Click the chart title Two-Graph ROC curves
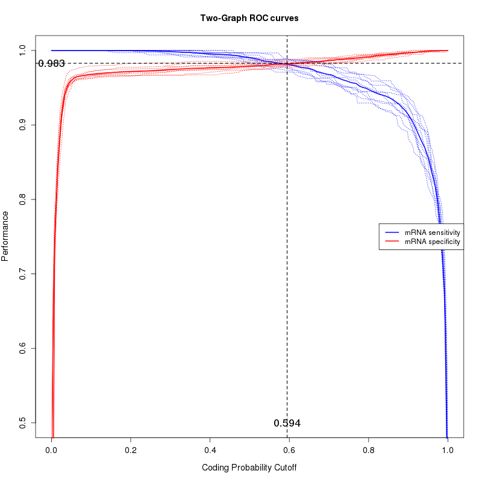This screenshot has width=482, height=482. [249, 18]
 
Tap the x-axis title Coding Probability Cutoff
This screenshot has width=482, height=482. [249, 468]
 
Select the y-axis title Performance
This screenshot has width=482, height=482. [5, 236]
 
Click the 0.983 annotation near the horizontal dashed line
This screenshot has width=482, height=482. [51, 63]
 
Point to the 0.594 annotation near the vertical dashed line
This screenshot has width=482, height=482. [287, 423]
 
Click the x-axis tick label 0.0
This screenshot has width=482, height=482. [51, 449]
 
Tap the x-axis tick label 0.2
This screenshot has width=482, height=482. [131, 449]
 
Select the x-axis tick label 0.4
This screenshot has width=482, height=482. [210, 449]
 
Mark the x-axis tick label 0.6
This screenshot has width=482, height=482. [289, 449]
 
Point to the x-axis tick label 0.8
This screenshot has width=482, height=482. [369, 449]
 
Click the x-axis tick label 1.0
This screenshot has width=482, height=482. [448, 449]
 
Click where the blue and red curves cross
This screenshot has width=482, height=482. [287, 63]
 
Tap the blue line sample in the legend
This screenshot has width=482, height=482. [392, 232]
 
